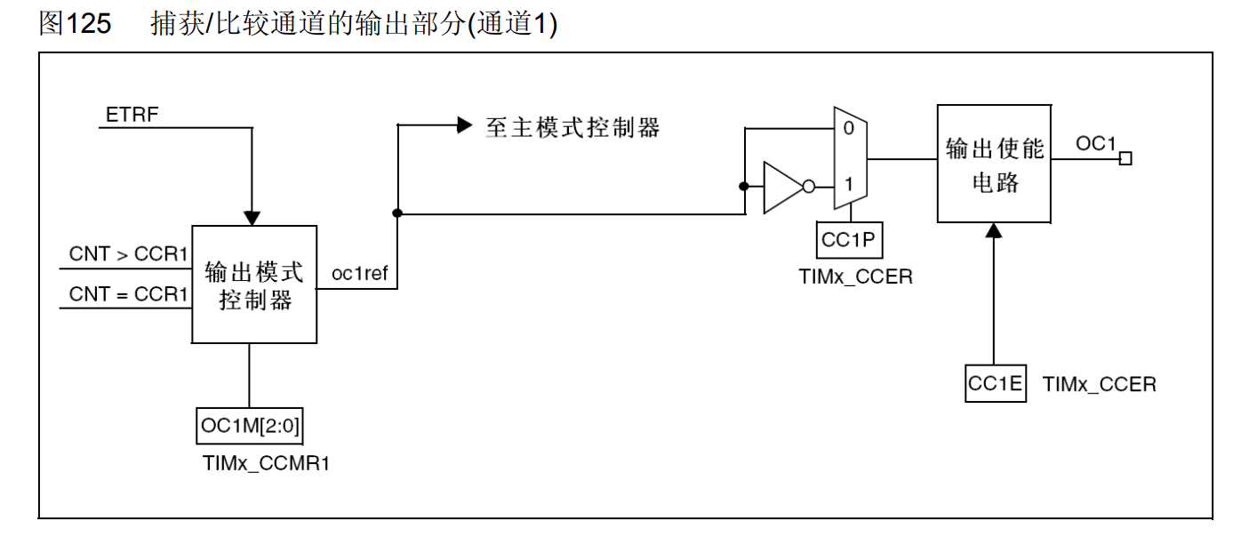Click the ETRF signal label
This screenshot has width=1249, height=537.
tap(132, 116)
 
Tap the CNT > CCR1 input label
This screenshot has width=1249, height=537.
tap(129, 254)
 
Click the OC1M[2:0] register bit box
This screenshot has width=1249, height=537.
tap(251, 427)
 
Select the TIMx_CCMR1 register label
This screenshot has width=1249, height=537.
tap(266, 463)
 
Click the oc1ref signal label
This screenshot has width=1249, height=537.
tap(359, 273)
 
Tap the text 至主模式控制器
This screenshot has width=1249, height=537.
tap(572, 127)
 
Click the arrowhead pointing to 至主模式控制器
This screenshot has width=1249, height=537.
tap(463, 125)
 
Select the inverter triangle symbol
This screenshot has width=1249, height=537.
tap(782, 187)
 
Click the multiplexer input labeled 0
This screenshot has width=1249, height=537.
tap(848, 129)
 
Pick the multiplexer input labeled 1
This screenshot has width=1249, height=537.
tap(848, 186)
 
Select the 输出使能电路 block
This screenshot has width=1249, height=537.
tap(995, 164)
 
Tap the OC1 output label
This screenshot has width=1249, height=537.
tap(1095, 144)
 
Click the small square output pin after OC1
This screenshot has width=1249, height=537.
tap(1125, 159)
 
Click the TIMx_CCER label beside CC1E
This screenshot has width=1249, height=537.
tap(1100, 385)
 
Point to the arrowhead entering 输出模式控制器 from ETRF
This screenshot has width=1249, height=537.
tap(252, 218)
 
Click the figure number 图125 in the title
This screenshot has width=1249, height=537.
tap(75, 24)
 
